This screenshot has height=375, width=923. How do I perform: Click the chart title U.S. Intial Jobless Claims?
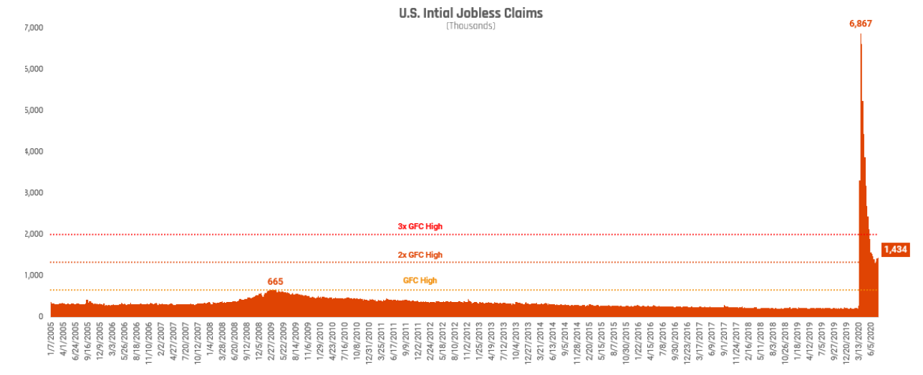coord(470,13)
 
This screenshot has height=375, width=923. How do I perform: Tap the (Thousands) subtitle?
coord(470,26)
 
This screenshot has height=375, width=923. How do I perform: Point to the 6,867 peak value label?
coord(861,24)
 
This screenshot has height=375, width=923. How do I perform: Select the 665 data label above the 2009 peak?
coord(276,281)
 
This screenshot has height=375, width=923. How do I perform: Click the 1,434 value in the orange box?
coord(896,250)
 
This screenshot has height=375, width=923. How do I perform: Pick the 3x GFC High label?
coord(420,226)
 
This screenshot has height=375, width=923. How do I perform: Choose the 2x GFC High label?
coord(420,255)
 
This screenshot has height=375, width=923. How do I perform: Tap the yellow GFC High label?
coord(420,281)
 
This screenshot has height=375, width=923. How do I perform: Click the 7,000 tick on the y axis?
coord(34,28)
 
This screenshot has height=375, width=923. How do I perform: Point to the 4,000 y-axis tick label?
coord(34,152)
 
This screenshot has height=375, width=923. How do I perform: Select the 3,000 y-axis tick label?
coord(34,193)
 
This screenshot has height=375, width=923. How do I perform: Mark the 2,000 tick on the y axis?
coord(34,234)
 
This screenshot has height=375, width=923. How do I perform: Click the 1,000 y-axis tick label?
coord(34,276)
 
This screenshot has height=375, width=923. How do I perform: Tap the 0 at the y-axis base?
coord(41,316)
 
